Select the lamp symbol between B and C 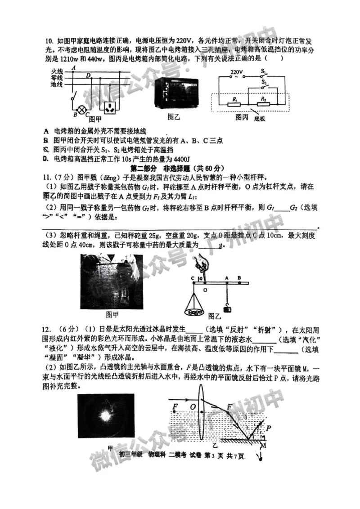tap(82, 109)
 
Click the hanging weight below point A tap(228, 308)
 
